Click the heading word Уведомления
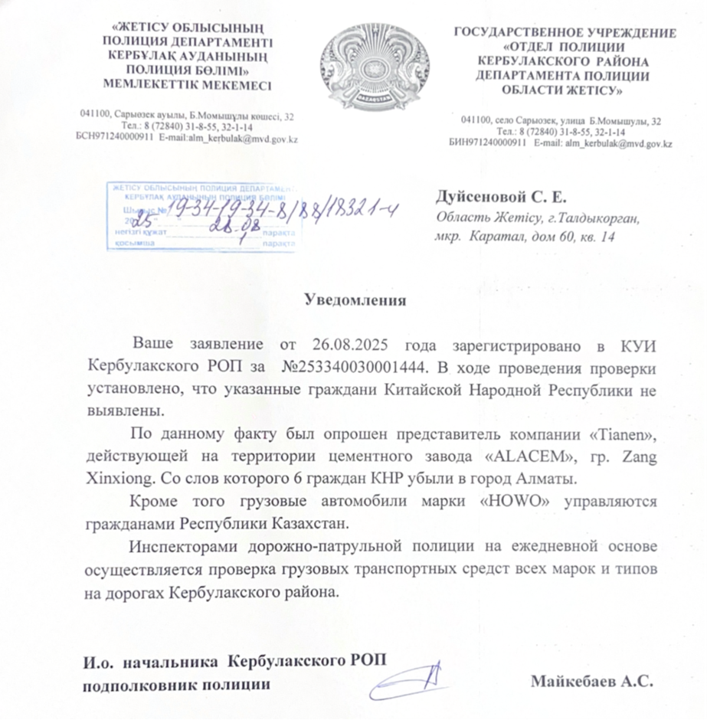pos(355,299)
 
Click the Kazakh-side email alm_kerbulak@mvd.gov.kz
pos(247,139)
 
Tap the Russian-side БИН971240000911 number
pos(487,142)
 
